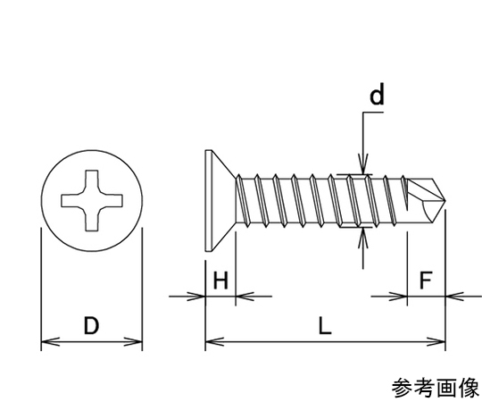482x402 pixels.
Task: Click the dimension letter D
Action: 91,326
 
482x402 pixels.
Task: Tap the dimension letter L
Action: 325,326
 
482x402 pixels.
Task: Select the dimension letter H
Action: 220,281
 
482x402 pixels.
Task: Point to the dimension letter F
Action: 426,281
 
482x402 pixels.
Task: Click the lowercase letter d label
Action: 377,94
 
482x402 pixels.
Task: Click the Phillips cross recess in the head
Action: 92,200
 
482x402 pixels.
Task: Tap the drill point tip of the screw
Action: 445,201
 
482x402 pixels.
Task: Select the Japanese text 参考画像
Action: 436,389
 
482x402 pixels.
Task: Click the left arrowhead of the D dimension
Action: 50,341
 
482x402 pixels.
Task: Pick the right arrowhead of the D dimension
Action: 133,341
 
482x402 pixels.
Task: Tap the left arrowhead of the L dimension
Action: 214,341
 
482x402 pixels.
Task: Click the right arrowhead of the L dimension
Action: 436,341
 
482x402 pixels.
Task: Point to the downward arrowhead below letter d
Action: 363,165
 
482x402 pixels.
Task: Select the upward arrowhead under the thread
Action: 363,238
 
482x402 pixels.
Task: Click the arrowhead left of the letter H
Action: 195,297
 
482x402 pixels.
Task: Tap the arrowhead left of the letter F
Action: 398,297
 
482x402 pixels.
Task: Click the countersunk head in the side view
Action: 220,200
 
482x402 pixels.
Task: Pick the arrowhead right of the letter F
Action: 454,297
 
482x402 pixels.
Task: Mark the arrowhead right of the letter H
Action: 245,297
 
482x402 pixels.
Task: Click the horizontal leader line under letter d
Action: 373,113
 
